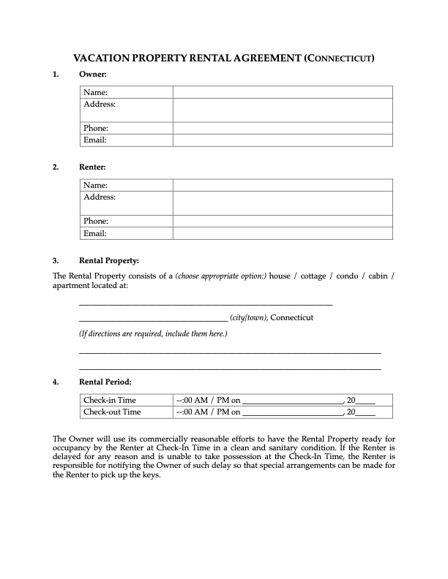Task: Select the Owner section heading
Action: pyautogui.click(x=93, y=75)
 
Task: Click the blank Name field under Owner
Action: pyautogui.click(x=283, y=92)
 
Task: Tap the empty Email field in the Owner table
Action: pyautogui.click(x=283, y=140)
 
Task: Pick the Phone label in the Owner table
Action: pyautogui.click(x=96, y=128)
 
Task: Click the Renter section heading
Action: pyautogui.click(x=93, y=167)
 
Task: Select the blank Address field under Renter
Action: pyautogui.click(x=283, y=203)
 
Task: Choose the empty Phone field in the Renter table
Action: pyautogui.click(x=283, y=221)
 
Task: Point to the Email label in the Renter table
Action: pyautogui.click(x=95, y=233)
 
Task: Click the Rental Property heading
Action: pyautogui.click(x=108, y=260)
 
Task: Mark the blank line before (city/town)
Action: pyautogui.click(x=153, y=319)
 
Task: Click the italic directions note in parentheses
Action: pyautogui.click(x=153, y=334)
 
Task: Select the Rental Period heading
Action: pyautogui.click(x=105, y=382)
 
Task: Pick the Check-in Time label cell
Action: pyautogui.click(x=110, y=400)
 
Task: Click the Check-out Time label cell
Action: pyautogui.click(x=112, y=412)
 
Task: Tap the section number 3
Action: pyautogui.click(x=56, y=260)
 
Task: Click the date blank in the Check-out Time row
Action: pyautogui.click(x=292, y=413)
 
